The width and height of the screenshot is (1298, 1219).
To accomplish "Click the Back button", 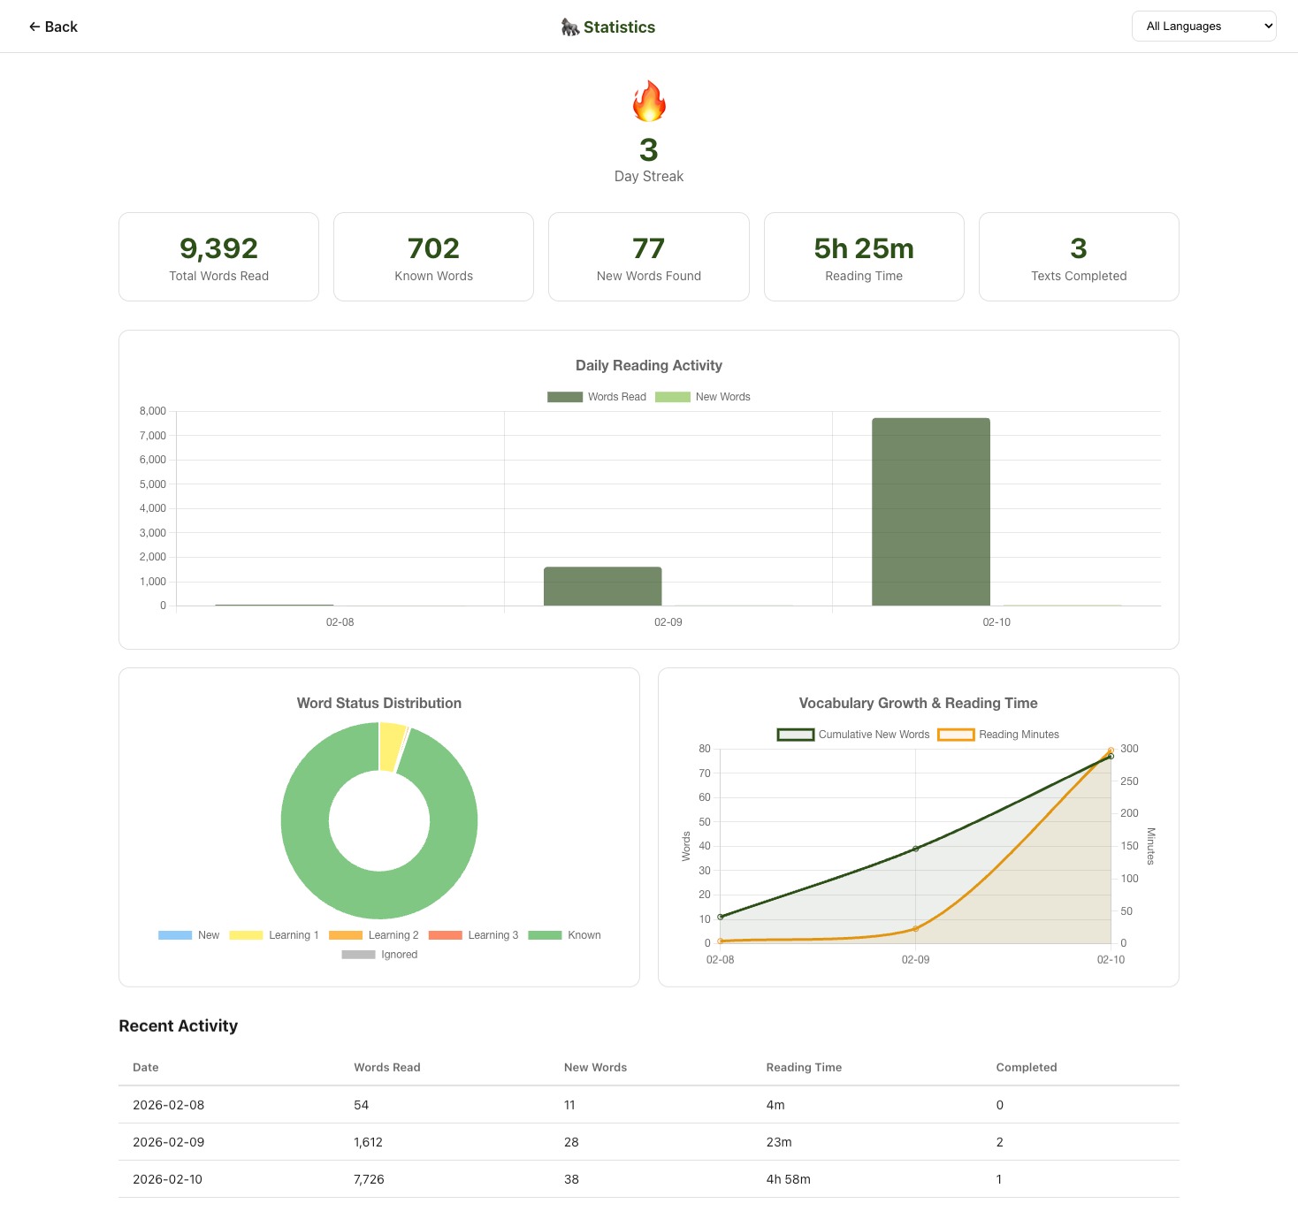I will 53,27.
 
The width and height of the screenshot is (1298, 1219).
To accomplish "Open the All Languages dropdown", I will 1203,27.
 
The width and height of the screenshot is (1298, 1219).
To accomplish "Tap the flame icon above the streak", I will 649,101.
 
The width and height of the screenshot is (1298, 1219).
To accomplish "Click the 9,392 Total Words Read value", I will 218,248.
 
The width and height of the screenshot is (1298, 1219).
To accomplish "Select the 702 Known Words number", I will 433,248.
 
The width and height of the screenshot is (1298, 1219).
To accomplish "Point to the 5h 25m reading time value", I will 864,248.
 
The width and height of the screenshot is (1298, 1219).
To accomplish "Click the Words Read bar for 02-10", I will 930,512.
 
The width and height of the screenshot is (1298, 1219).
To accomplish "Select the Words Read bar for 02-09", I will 602,586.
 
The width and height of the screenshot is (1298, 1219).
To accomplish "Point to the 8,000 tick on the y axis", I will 153,411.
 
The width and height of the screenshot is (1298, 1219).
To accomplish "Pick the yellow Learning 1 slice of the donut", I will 392,746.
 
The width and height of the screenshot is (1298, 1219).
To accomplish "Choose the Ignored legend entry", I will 379,955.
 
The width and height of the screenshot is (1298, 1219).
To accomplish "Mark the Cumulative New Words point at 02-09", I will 915,849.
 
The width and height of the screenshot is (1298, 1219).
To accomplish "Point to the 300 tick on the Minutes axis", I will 1129,749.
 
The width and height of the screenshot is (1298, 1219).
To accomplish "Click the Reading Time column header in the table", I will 804,1067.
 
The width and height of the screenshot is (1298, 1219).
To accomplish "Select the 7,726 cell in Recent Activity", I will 369,1179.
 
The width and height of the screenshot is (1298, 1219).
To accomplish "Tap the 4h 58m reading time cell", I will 788,1179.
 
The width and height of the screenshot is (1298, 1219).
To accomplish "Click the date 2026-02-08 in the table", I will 168,1105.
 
